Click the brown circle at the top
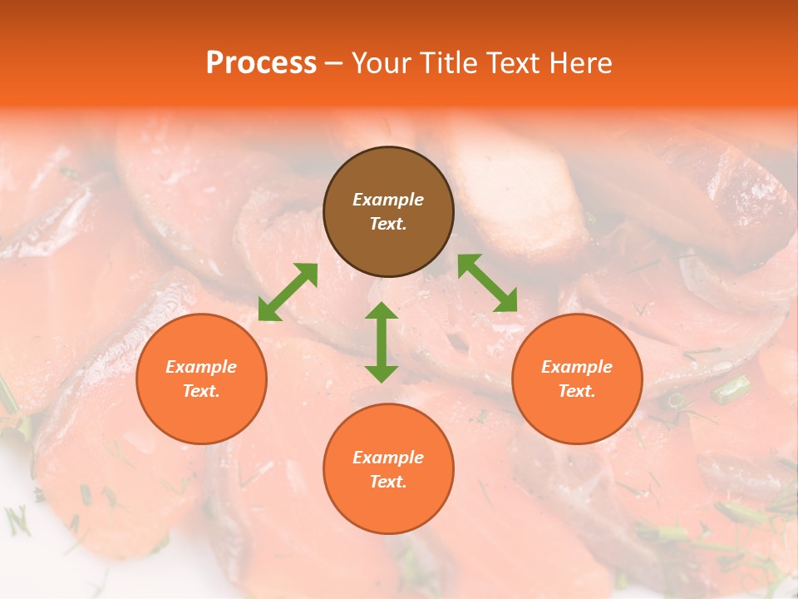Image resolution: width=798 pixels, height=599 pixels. pyautogui.click(x=388, y=211)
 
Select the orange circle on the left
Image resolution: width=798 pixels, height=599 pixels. pyautogui.click(x=201, y=379)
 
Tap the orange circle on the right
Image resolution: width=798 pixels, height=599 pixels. pyautogui.click(x=577, y=379)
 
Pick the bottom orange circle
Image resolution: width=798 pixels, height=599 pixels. pyautogui.click(x=388, y=469)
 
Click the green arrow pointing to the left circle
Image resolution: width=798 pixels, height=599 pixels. pyautogui.click(x=288, y=292)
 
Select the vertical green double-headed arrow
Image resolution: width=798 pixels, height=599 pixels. pyautogui.click(x=382, y=342)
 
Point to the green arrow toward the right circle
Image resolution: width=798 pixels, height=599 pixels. pyautogui.click(x=488, y=283)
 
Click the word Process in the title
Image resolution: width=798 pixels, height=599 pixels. pyautogui.click(x=261, y=62)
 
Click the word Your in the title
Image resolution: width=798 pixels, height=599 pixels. pyautogui.click(x=382, y=62)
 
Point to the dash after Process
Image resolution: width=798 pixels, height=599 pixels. pyautogui.click(x=334, y=63)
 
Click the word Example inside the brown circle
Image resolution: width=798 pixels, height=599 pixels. pyautogui.click(x=388, y=200)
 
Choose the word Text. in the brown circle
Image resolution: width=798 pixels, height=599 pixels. pyautogui.click(x=388, y=224)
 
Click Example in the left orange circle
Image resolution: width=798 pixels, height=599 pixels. pyautogui.click(x=201, y=367)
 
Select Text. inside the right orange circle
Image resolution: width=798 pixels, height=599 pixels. pyautogui.click(x=577, y=391)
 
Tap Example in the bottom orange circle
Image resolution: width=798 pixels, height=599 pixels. pyautogui.click(x=388, y=458)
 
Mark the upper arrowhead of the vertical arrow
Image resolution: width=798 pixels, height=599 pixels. pyautogui.click(x=382, y=311)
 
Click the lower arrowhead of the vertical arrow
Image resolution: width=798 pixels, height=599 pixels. pyautogui.click(x=382, y=374)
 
